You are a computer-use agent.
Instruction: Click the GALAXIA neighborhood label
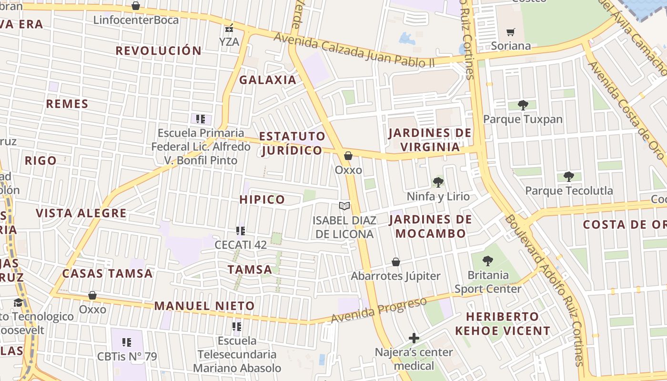(268, 80)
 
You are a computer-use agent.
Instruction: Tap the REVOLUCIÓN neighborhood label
(159, 50)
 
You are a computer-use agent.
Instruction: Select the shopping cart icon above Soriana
(511, 32)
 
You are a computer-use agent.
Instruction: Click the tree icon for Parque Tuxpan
(523, 105)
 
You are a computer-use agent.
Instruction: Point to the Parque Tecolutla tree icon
(568, 177)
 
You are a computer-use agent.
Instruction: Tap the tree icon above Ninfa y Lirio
(438, 182)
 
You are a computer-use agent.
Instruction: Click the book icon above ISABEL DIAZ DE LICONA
(344, 206)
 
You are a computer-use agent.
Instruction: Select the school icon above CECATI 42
(241, 231)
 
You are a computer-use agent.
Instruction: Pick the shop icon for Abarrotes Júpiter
(395, 262)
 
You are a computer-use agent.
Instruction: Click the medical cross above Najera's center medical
(414, 338)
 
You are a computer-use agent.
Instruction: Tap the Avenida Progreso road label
(379, 310)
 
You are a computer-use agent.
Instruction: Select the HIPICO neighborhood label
(262, 200)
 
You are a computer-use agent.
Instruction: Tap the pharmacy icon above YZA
(229, 28)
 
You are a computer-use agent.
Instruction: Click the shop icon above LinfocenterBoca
(136, 6)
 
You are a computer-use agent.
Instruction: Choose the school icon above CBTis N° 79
(127, 342)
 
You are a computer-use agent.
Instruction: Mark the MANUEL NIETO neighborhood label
(204, 306)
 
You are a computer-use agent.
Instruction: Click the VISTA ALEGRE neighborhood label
(81, 213)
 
